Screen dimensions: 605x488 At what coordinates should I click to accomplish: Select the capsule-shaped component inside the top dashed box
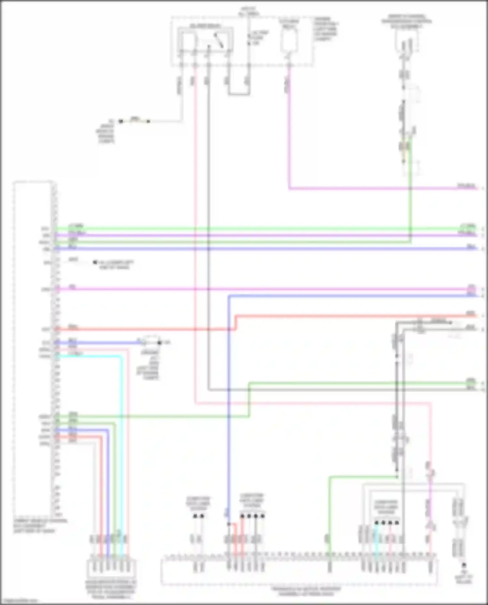289,41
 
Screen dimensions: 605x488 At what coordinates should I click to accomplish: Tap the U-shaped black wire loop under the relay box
238,94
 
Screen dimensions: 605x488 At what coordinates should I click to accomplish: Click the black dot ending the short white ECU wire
95,262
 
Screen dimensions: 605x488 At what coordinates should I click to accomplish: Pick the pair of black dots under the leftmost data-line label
198,516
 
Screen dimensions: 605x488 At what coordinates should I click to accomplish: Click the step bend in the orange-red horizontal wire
236,322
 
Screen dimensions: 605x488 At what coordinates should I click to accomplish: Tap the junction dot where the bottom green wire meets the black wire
397,477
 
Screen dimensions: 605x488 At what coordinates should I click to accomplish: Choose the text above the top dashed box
249,12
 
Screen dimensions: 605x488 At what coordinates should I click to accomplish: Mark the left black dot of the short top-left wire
121,121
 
